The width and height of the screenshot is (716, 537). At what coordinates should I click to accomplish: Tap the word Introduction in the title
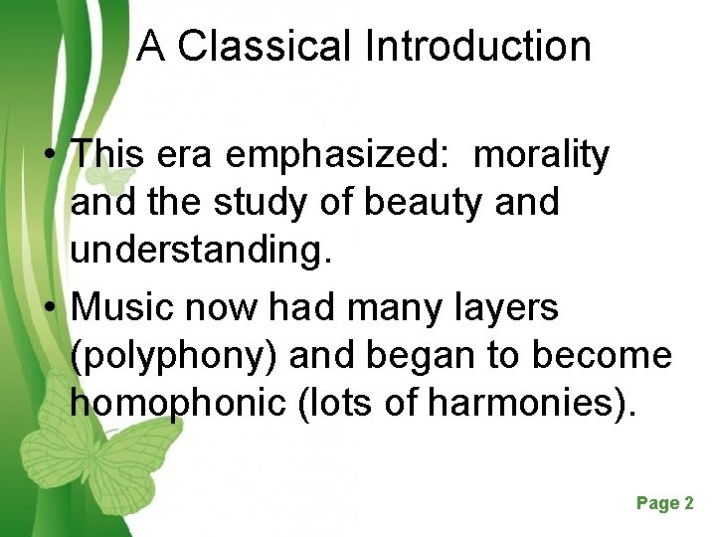[x=477, y=46]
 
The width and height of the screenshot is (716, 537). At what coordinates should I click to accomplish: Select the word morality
[x=542, y=154]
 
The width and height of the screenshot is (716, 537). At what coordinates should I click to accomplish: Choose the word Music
[x=118, y=308]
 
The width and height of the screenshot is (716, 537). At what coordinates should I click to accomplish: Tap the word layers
[x=507, y=308]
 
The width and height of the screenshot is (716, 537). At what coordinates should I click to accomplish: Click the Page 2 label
[x=664, y=503]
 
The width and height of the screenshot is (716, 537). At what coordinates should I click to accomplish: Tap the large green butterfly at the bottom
[x=99, y=457]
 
